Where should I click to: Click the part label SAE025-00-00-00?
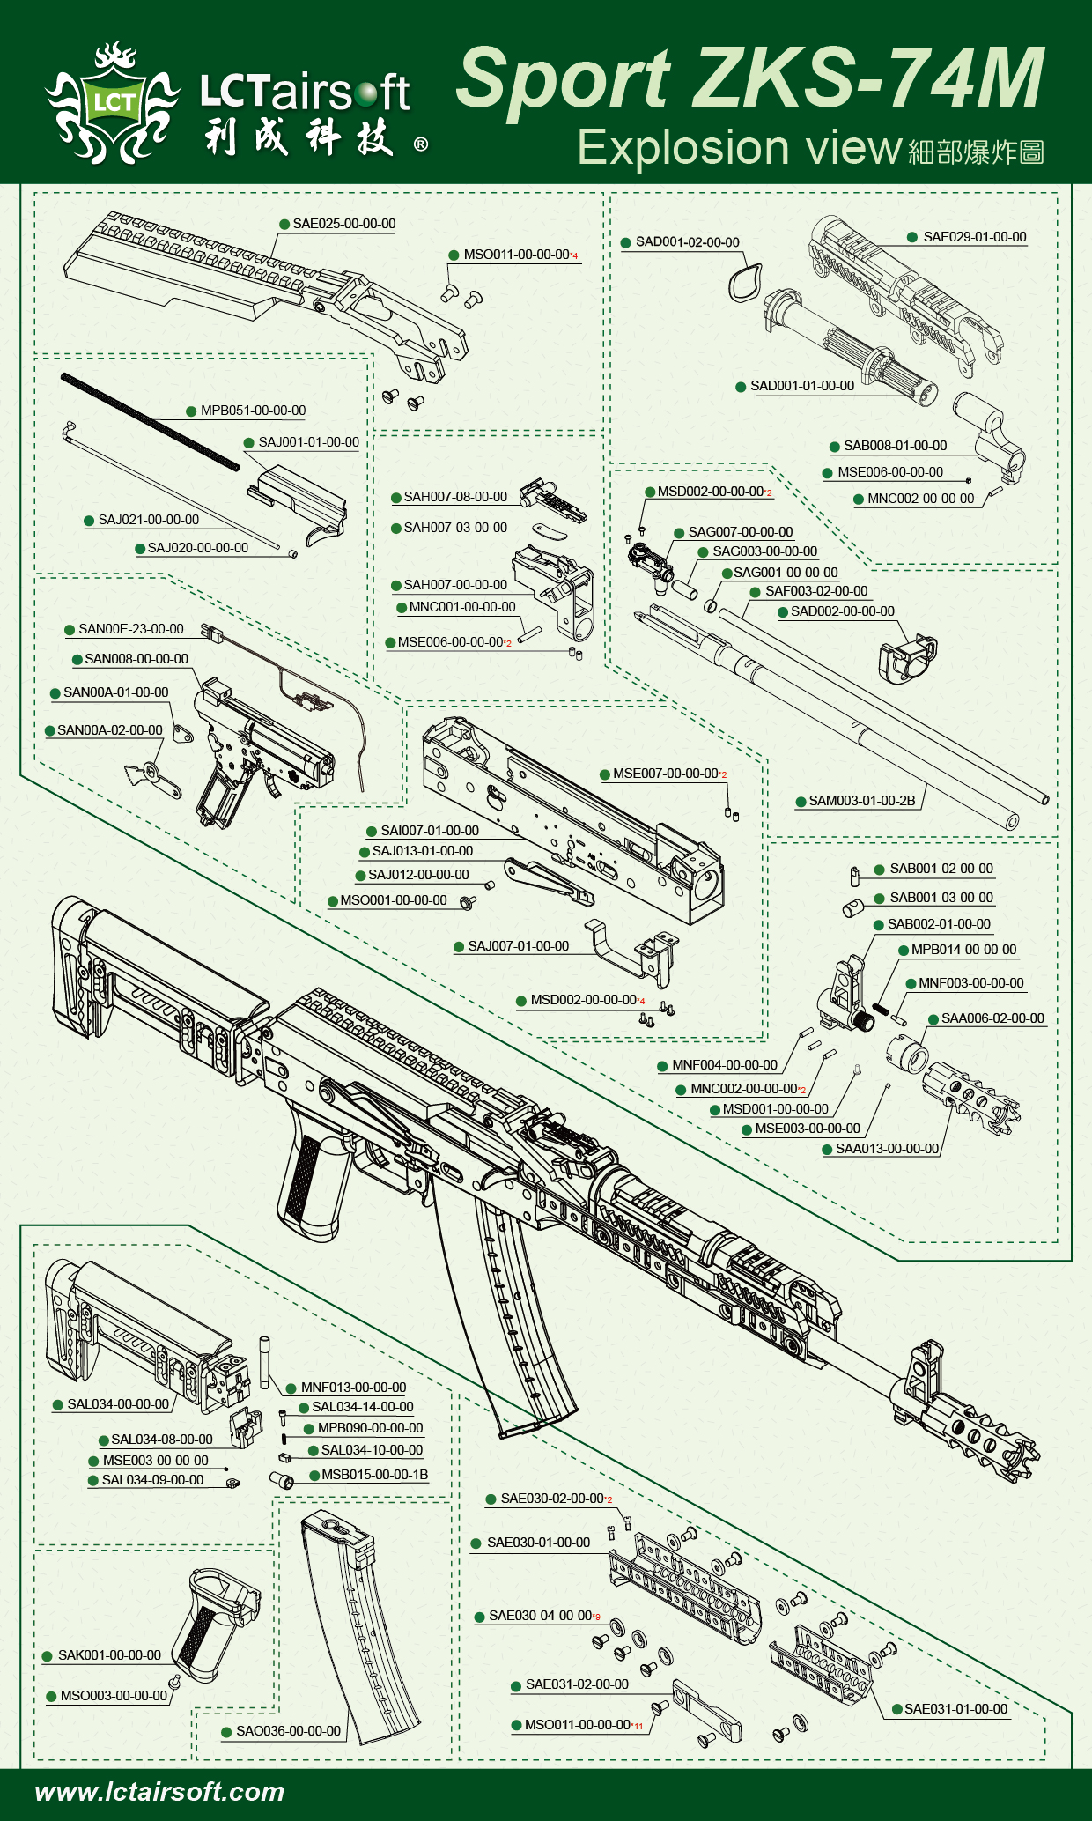(x=344, y=225)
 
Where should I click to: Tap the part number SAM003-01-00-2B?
(x=861, y=801)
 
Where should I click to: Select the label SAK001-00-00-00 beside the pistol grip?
(x=109, y=1655)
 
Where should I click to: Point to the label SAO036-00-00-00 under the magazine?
(x=288, y=1731)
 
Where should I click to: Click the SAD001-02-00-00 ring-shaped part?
(x=744, y=282)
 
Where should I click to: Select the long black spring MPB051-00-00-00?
(x=150, y=422)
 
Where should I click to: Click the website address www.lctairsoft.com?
(x=159, y=1791)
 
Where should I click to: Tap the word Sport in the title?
(x=564, y=79)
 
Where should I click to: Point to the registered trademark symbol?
(x=421, y=144)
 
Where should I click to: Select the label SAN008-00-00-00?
(x=136, y=659)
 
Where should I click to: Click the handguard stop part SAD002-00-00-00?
(x=908, y=657)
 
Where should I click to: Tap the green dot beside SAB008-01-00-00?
(x=835, y=447)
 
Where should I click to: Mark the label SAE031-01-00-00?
(x=955, y=1709)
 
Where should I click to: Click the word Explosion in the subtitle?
(x=682, y=147)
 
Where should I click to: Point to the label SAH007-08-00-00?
(x=455, y=497)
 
